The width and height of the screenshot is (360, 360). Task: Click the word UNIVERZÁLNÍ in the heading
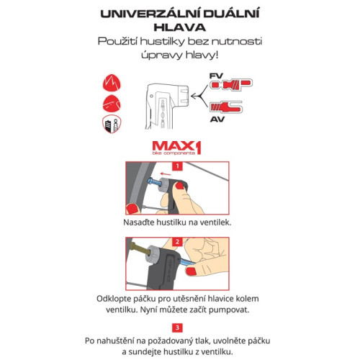[150, 13]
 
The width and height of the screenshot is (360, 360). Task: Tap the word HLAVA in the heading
[180, 27]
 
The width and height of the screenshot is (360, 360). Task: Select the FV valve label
[216, 76]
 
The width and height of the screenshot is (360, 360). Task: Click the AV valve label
[217, 119]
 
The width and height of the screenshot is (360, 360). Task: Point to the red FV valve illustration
[231, 84]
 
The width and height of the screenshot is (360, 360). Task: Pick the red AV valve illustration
[225, 107]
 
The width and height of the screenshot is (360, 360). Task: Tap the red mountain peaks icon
[112, 83]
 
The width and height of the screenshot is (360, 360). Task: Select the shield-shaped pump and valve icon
[112, 124]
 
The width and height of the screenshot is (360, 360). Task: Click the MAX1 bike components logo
[176, 148]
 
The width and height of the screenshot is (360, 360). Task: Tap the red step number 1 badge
[177, 166]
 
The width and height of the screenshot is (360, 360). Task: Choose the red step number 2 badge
[177, 242]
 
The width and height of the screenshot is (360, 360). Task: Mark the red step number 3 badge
[177, 328]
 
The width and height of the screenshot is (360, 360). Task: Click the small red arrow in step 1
[166, 174]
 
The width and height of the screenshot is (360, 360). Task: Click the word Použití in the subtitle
[117, 42]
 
